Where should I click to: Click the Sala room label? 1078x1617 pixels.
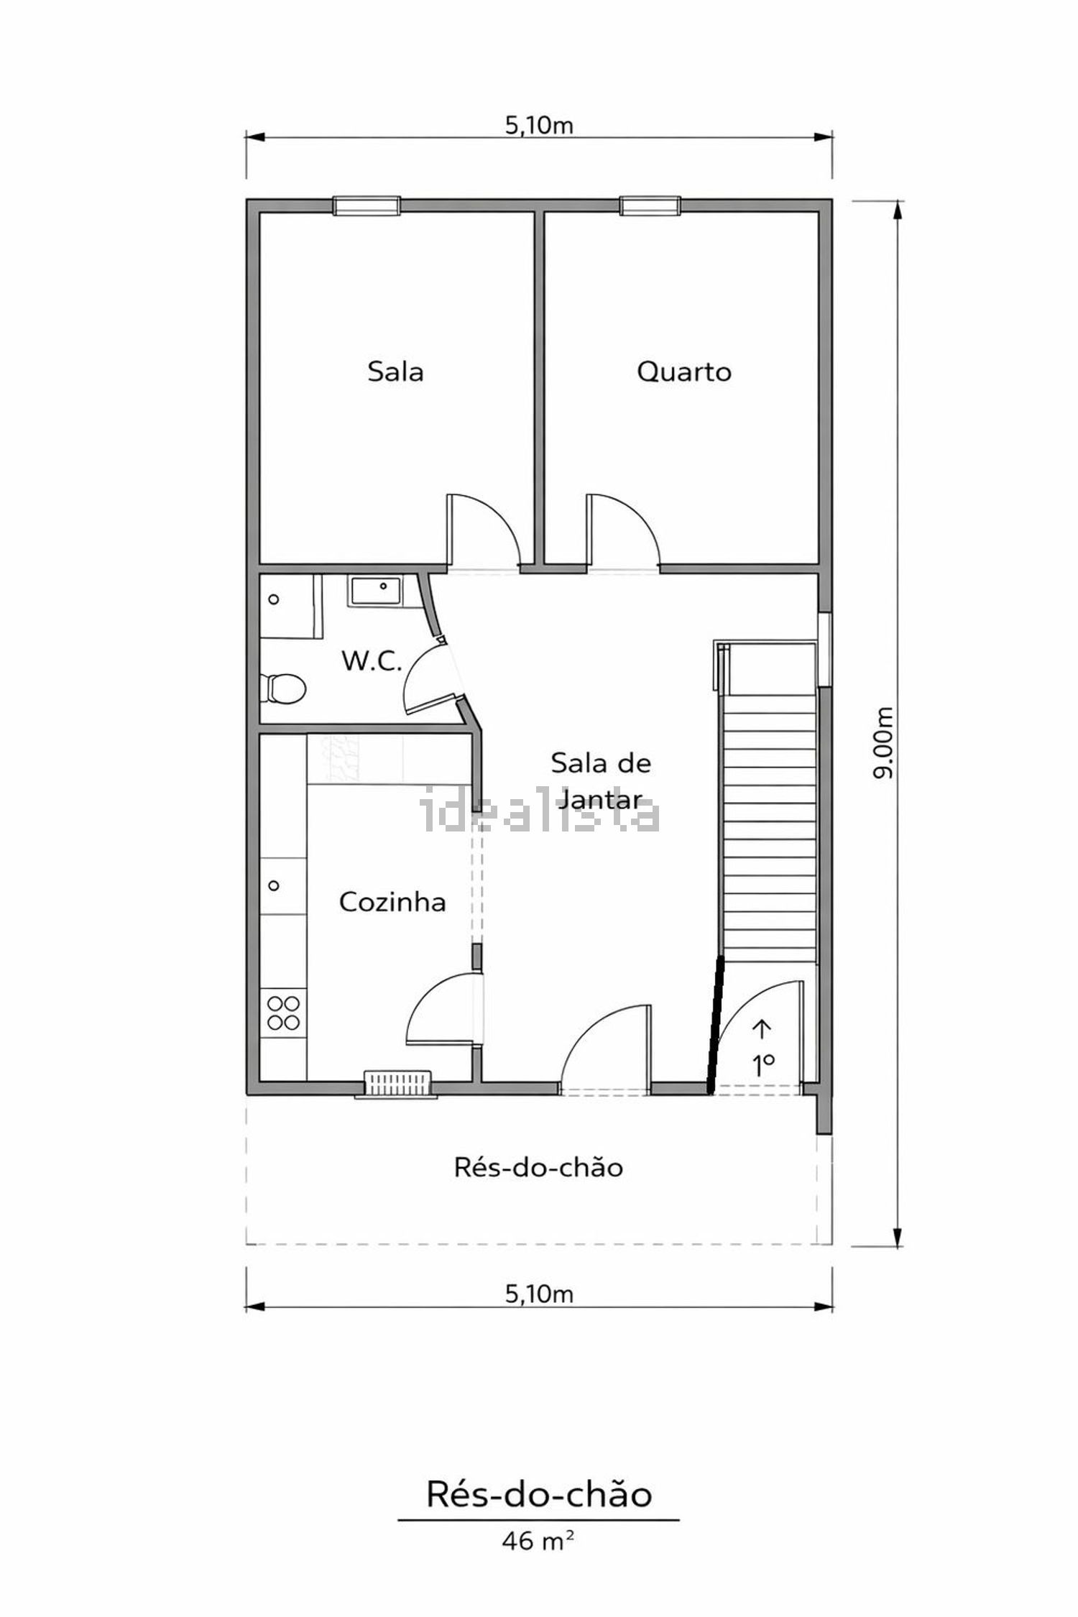tap(395, 372)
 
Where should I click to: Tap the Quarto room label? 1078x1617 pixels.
tap(684, 372)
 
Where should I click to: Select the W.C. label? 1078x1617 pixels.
tap(371, 660)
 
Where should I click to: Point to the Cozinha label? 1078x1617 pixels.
tap(392, 902)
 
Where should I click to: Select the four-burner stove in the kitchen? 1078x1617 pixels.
tap(283, 1012)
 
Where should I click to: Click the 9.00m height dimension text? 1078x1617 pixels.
tap(883, 742)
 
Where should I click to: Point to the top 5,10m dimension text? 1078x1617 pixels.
tap(539, 126)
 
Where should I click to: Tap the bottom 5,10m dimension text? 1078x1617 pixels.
tap(539, 1294)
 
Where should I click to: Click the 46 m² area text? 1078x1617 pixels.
tap(538, 1540)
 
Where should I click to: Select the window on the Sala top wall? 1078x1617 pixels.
tap(367, 206)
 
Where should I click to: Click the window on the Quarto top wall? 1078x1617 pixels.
tap(650, 206)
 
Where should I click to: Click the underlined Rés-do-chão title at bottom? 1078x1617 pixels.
tap(539, 1494)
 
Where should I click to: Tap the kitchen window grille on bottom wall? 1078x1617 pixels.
tap(397, 1083)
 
